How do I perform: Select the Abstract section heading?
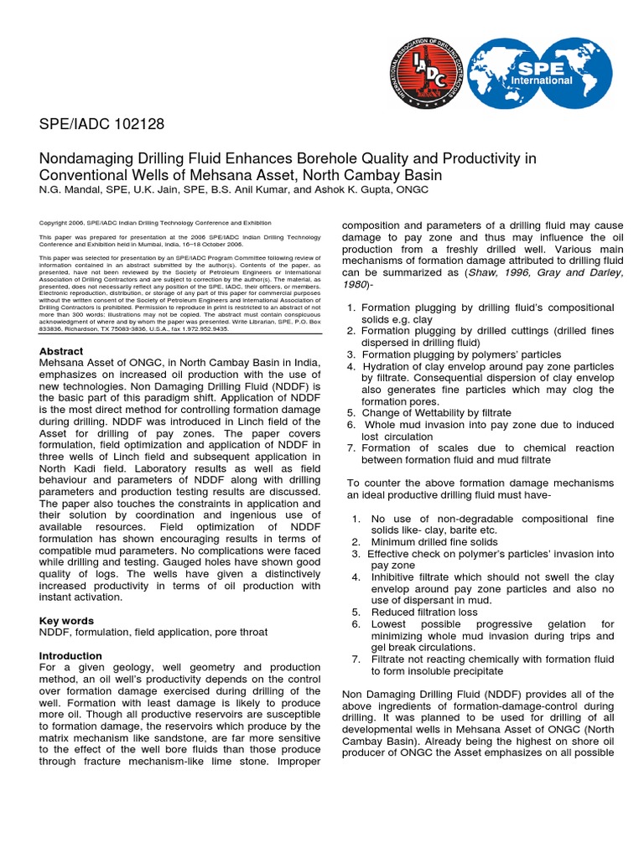point(61,351)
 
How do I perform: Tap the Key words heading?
point(67,621)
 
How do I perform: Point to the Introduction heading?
point(71,655)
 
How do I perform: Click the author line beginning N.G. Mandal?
point(235,190)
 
